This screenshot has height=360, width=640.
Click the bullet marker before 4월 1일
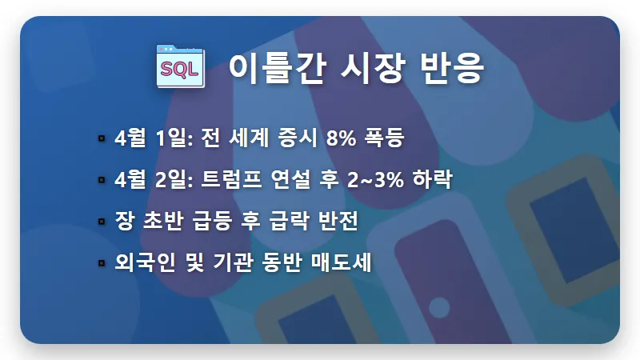tap(101, 138)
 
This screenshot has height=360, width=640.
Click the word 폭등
tap(386, 138)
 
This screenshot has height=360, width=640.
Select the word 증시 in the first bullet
tap(296, 138)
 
